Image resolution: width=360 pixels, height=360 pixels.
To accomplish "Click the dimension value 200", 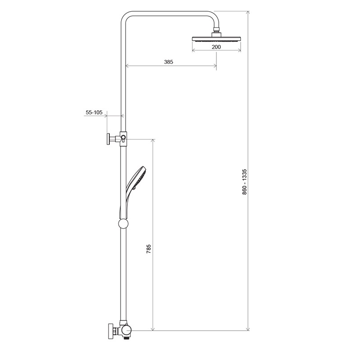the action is point(216,47).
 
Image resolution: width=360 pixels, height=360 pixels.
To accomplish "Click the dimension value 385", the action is point(168,62).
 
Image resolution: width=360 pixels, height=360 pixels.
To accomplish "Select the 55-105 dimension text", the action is point(94,112).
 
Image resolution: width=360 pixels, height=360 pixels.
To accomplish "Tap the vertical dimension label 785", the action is point(148,249).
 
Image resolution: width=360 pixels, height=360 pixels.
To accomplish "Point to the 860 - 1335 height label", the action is point(244,182).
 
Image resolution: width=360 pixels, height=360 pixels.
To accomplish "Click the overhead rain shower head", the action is point(216,39).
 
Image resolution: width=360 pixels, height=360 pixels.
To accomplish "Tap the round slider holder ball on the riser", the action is point(123,224).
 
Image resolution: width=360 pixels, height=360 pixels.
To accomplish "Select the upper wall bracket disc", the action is point(108,139).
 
